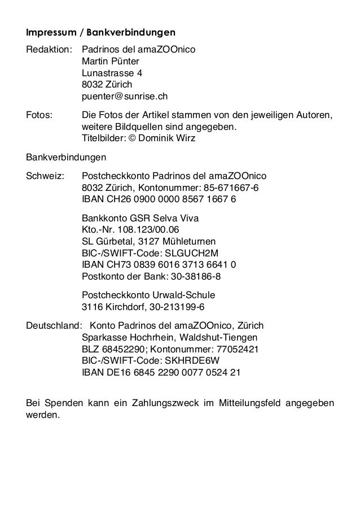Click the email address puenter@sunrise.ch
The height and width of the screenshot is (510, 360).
pos(125,97)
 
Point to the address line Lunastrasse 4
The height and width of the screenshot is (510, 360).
pos(112,73)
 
